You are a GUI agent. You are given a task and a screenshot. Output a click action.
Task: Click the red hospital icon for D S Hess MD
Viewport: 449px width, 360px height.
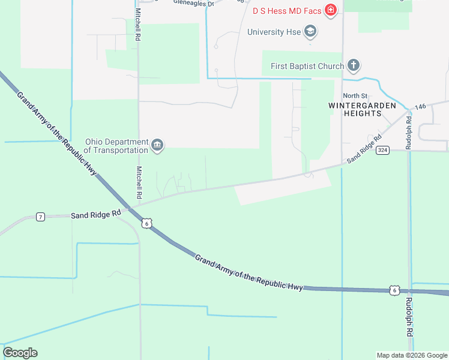pyautogui.click(x=330, y=10)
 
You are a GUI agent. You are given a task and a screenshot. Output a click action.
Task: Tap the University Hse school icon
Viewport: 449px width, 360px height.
pyautogui.click(x=310, y=31)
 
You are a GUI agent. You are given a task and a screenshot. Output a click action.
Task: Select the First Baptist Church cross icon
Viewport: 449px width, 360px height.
pyautogui.click(x=354, y=65)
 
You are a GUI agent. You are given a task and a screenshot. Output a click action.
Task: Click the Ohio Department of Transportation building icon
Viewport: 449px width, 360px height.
pyautogui.click(x=158, y=145)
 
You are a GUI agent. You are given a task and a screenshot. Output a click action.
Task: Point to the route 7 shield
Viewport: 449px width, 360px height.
pyautogui.click(x=40, y=216)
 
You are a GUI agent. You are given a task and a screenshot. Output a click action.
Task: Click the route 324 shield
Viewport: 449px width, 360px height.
pyautogui.click(x=382, y=150)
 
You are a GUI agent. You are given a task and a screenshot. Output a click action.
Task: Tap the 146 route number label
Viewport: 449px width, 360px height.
pyautogui.click(x=420, y=106)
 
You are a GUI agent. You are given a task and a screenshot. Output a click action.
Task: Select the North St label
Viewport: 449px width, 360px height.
pyautogui.click(x=355, y=96)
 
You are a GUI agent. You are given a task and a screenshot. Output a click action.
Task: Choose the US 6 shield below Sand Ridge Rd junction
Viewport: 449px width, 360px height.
pyautogui.click(x=147, y=223)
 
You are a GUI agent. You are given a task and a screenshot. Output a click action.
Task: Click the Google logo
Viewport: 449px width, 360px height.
pyautogui.click(x=20, y=353)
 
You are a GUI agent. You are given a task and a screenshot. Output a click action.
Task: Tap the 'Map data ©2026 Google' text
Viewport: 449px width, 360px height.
pyautogui.click(x=412, y=355)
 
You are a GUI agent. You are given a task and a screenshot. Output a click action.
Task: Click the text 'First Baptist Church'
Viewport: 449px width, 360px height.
pyautogui.click(x=307, y=66)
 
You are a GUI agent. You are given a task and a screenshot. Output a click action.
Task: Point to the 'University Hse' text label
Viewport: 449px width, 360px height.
pyautogui.click(x=274, y=32)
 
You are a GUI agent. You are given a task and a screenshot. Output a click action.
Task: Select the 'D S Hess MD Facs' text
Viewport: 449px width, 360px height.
pyautogui.click(x=286, y=10)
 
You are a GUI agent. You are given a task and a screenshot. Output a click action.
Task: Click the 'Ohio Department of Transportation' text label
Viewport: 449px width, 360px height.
pyautogui.click(x=116, y=145)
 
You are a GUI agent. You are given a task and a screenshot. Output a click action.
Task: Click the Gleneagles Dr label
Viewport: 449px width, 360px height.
pyautogui.click(x=193, y=3)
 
